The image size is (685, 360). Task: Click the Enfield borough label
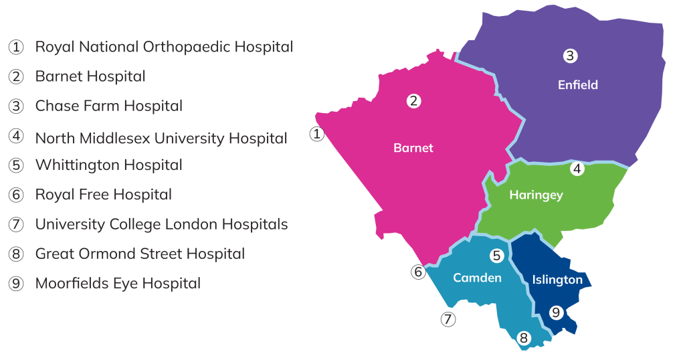[578, 85]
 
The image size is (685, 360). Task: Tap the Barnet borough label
[413, 148]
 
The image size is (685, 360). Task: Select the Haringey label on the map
[536, 195]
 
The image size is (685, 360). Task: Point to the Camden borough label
[478, 278]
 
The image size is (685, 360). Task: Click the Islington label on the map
[557, 280]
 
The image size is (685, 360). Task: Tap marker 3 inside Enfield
[569, 56]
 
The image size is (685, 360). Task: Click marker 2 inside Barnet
[415, 101]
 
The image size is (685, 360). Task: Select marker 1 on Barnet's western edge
[317, 134]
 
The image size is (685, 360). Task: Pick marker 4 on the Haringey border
[577, 169]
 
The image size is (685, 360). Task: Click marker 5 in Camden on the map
[496, 256]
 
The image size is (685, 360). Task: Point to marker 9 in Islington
[556, 312]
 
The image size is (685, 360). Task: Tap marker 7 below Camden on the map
[448, 319]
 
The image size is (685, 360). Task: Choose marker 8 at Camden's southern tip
[524, 339]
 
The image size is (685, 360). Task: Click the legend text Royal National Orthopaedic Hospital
[164, 47]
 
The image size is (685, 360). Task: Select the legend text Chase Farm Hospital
[108, 106]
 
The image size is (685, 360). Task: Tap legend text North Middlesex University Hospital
[161, 139]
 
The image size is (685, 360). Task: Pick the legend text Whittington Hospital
[108, 165]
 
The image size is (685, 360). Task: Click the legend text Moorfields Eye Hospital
[118, 284]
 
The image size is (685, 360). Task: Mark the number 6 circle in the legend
[16, 195]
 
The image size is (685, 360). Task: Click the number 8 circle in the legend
[16, 254]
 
